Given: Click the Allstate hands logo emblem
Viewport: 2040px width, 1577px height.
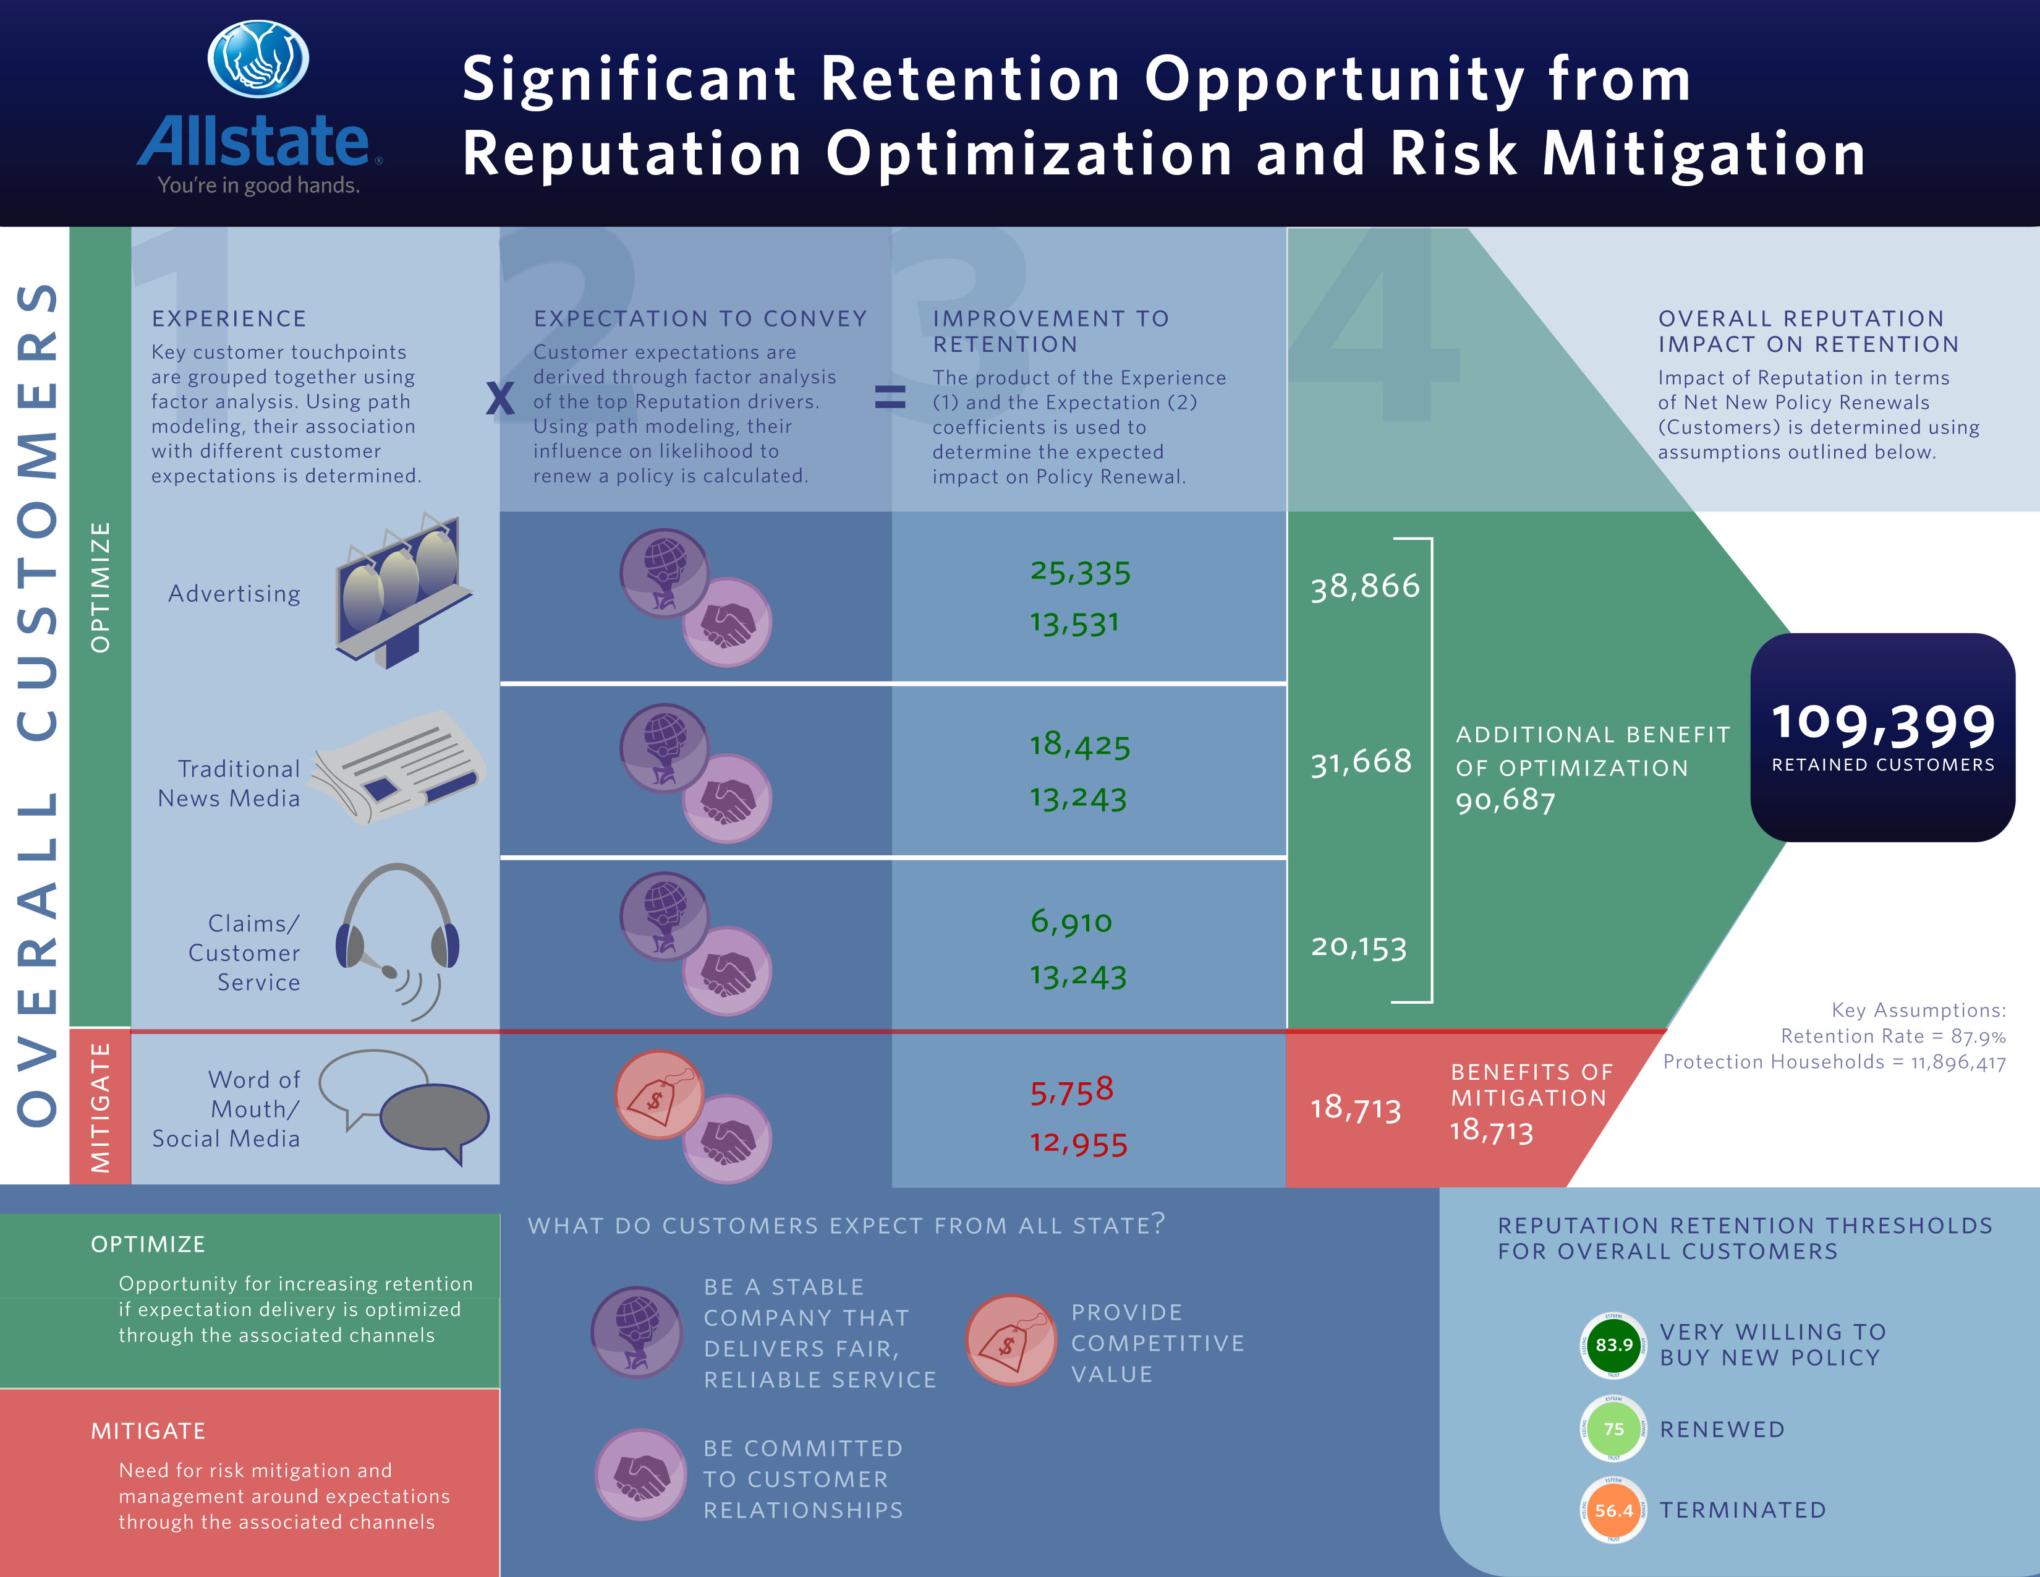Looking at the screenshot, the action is pyautogui.click(x=258, y=59).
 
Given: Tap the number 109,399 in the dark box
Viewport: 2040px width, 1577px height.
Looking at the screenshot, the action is pyautogui.click(x=1883, y=725).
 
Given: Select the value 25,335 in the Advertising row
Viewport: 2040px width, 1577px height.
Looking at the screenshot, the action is pyautogui.click(x=1080, y=572).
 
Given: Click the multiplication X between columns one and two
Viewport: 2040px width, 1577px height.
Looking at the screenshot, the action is pyautogui.click(x=499, y=399).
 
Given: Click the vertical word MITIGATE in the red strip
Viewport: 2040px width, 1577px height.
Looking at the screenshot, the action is pyautogui.click(x=100, y=1107).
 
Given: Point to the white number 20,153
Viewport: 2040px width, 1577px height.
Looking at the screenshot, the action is pyautogui.click(x=1359, y=946).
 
